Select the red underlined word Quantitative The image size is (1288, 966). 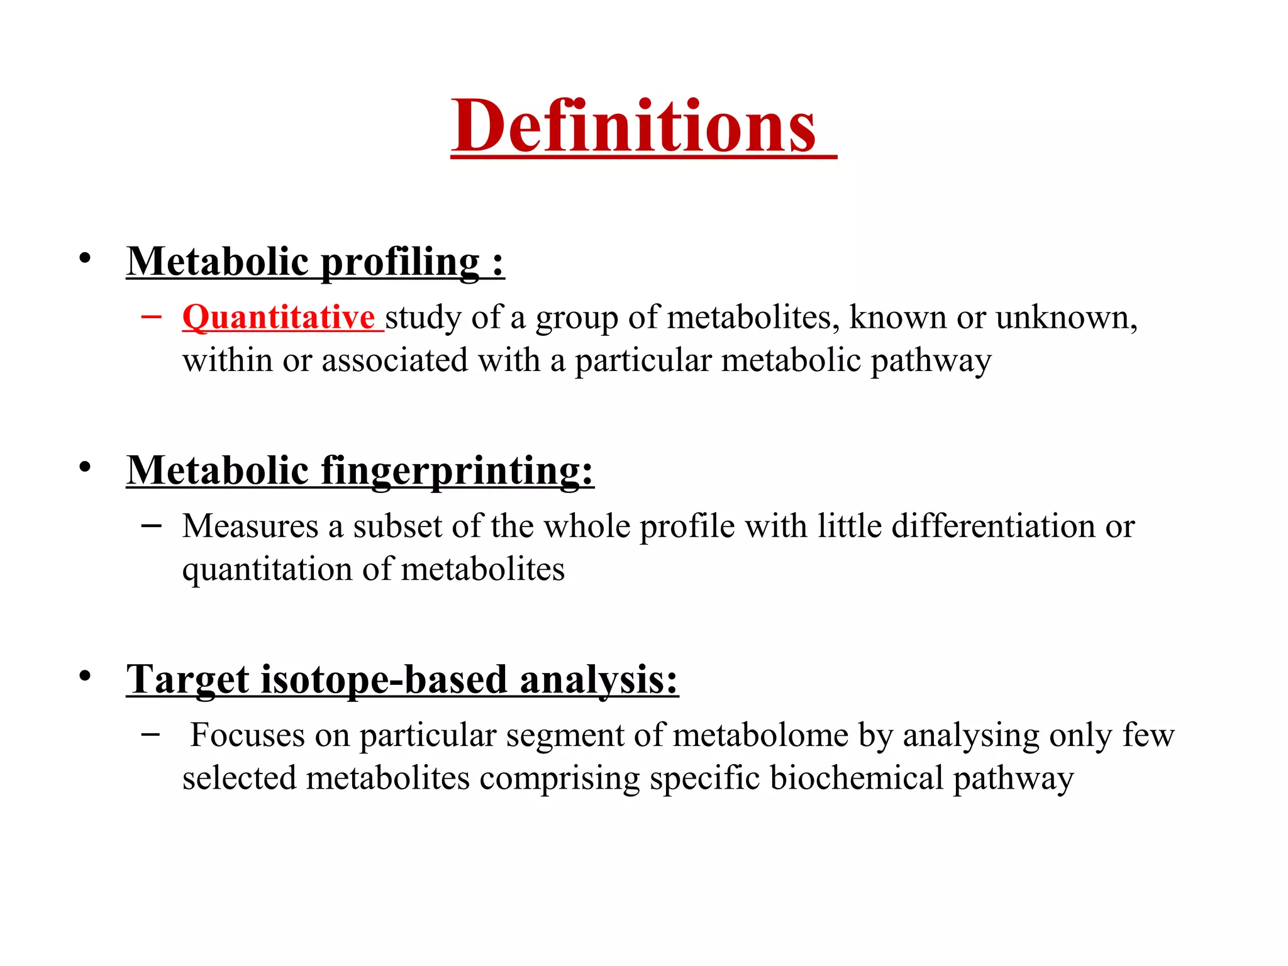(x=279, y=317)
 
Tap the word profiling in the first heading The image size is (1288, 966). (x=401, y=262)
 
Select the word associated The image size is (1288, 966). (x=395, y=360)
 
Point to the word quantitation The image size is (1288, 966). (x=267, y=570)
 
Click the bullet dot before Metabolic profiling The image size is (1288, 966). (x=85, y=258)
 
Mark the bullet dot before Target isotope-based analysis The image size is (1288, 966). (x=85, y=676)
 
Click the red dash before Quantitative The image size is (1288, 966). (x=151, y=316)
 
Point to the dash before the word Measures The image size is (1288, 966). (x=151, y=525)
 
